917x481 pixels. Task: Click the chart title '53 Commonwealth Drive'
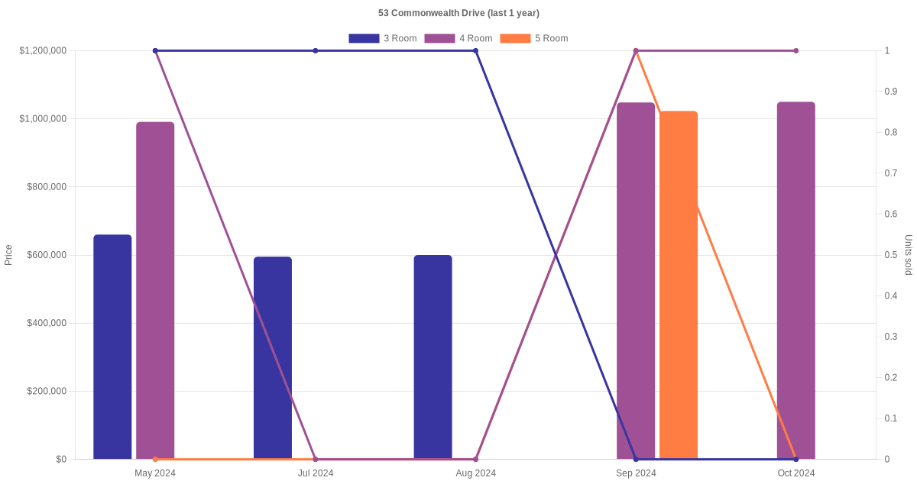[458, 13]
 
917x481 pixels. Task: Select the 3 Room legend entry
[382, 38]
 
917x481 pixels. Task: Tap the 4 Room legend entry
[458, 38]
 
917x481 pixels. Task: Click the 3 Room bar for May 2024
[112, 347]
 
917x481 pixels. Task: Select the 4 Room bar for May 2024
[155, 291]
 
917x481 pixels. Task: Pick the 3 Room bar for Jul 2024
[273, 358]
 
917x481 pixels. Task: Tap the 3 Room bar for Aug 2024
[433, 357]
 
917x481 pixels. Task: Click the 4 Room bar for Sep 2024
[636, 281]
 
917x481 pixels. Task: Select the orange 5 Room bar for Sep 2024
[679, 286]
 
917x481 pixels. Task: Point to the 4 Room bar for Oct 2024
[795, 281]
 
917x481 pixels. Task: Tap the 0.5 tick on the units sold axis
[890, 255]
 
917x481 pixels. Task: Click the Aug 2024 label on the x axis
[475, 473]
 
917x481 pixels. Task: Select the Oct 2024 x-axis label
[795, 473]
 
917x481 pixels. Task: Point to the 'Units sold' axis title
[909, 255]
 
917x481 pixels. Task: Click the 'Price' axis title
[8, 255]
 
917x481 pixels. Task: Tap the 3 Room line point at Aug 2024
[475, 50]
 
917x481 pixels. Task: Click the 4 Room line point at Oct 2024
[795, 50]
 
